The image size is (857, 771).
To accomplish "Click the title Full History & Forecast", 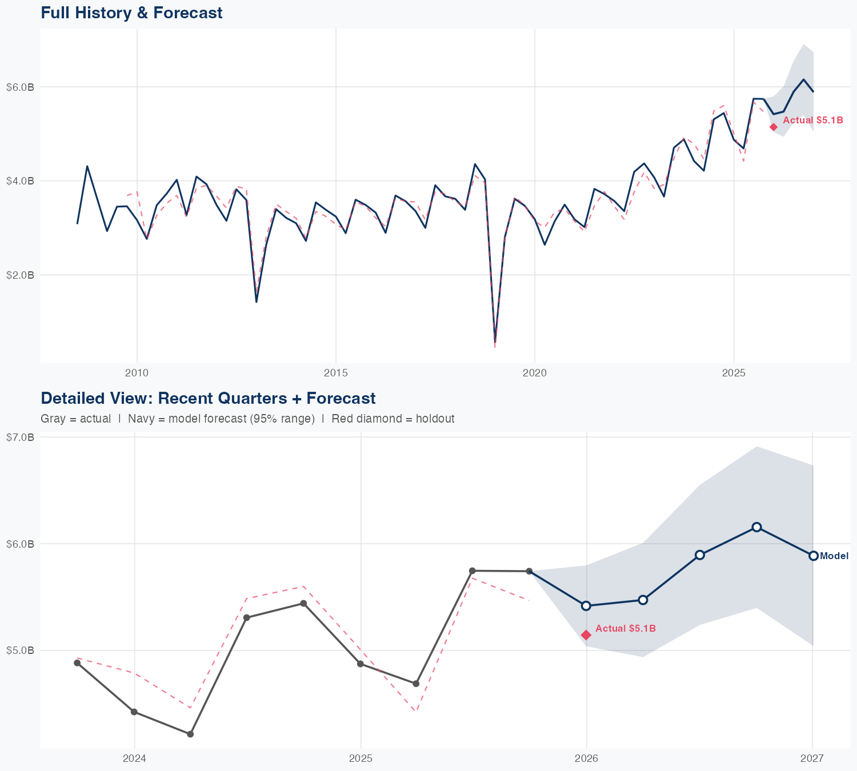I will coord(131,13).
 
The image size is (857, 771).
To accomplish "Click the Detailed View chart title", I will coord(208,398).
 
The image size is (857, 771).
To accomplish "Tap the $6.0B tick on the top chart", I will coord(20,87).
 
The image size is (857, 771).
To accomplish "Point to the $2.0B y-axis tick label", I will coord(20,275).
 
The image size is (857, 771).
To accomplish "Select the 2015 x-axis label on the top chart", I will coord(335,373).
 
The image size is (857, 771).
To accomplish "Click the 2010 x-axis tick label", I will coord(137,373).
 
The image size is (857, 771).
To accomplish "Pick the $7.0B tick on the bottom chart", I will coord(20,437).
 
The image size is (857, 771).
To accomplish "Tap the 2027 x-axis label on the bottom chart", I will coord(812,758).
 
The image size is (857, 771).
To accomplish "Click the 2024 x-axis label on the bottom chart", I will coord(134,758).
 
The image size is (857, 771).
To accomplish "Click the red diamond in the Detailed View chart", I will coord(586,635).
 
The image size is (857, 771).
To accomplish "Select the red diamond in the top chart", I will coord(774,127).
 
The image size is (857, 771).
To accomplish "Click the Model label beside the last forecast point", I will coord(834,556).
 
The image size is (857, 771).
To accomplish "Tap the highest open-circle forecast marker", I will coord(756,527).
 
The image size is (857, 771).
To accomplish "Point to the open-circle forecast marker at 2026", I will coord(586,605).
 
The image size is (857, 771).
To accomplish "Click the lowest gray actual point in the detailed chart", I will coord(190,734).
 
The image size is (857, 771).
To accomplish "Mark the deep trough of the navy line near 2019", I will coord(495,341).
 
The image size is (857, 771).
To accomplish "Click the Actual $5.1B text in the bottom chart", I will coord(626,628).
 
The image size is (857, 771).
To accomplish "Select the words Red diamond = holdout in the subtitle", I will coord(393,419).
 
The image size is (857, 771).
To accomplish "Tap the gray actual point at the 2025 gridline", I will coord(361,664).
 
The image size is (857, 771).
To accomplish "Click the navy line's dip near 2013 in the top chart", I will coord(257,301).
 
